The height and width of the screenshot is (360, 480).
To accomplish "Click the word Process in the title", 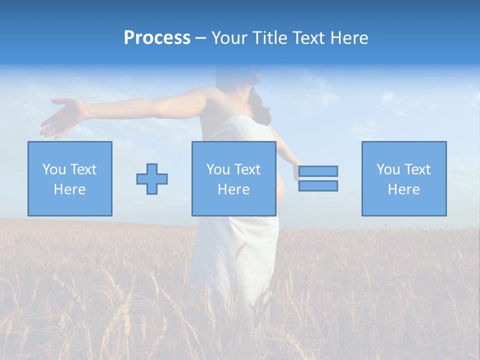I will (157, 38).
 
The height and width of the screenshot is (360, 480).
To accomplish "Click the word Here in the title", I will (349, 38).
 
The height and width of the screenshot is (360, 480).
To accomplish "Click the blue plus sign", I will (152, 179).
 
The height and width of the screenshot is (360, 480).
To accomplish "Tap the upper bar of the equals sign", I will (318, 171).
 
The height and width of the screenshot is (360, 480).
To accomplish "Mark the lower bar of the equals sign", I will (318, 185).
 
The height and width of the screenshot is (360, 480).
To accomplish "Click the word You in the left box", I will (53, 169).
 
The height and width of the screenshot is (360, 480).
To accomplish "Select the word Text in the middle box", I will (247, 169).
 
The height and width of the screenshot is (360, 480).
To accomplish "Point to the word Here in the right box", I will (403, 189).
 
